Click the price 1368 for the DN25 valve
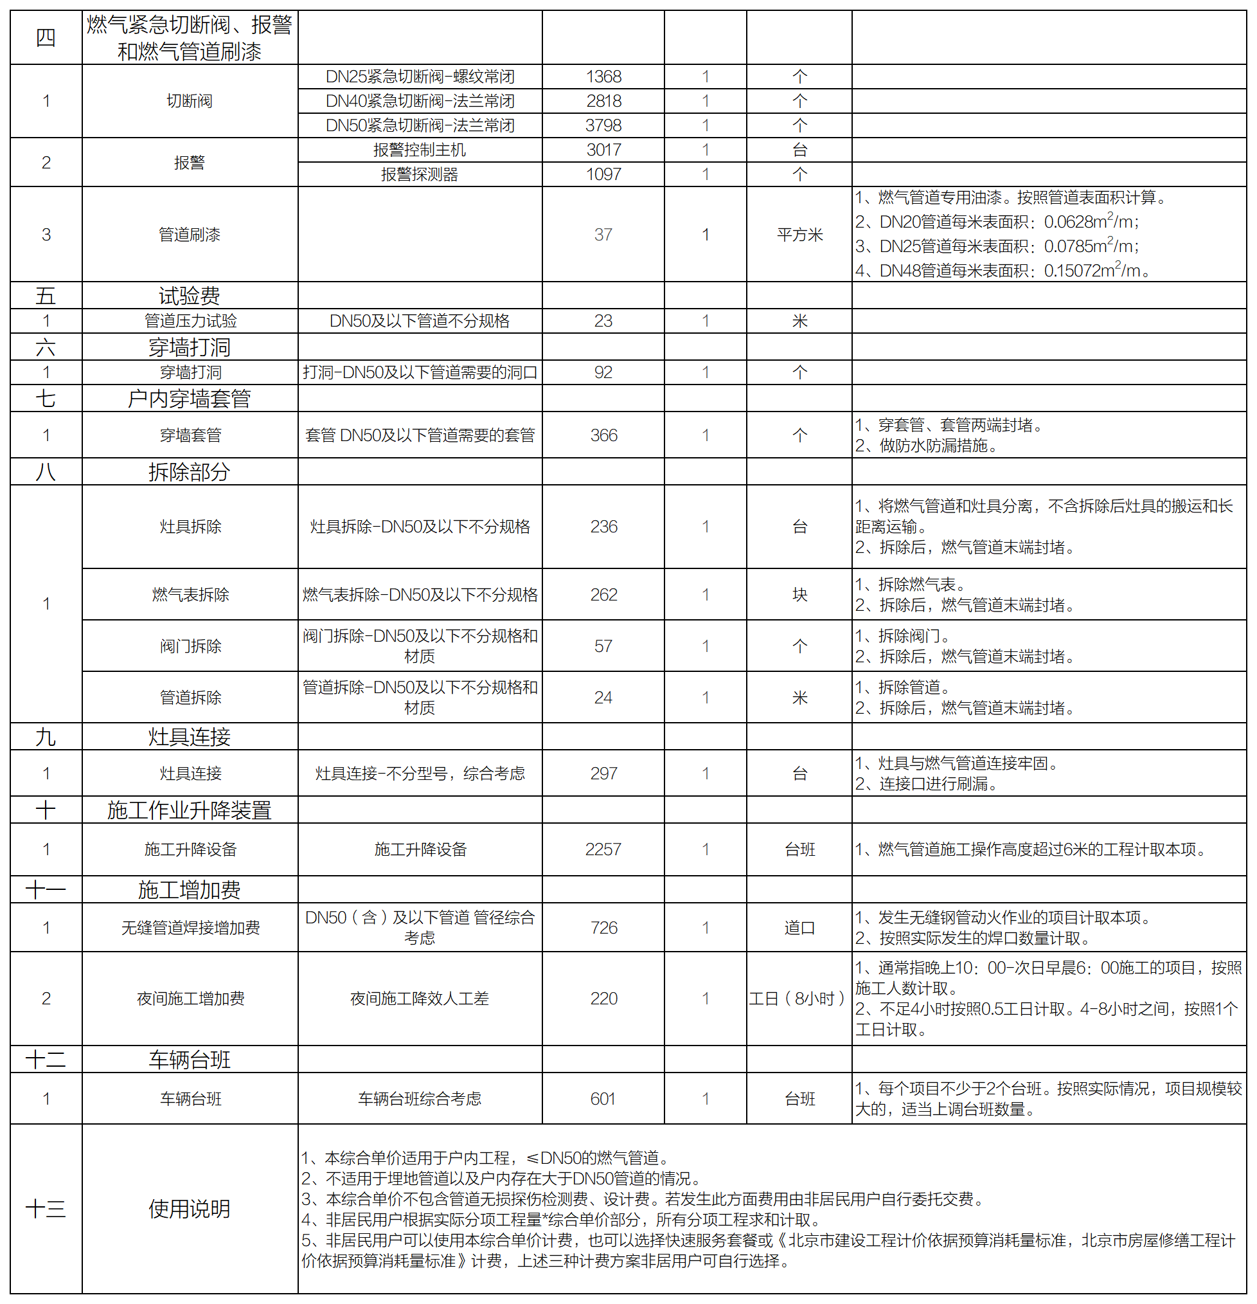coord(603,77)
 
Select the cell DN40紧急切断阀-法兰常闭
coord(420,101)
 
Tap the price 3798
coord(603,125)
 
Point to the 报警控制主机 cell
coord(420,150)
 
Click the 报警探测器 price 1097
coord(603,174)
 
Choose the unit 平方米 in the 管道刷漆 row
coord(799,235)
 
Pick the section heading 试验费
coord(190,295)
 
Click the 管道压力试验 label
coord(190,321)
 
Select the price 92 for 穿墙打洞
coord(603,372)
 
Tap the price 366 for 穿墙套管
coord(603,435)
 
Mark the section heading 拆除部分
coord(190,472)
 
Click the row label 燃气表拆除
coord(190,594)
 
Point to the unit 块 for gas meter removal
coord(799,594)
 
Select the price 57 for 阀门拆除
coord(603,646)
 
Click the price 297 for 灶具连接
coord(603,773)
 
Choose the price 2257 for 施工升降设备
coord(603,849)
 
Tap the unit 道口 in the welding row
coord(799,927)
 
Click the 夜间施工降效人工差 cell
coord(420,998)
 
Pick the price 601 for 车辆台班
coord(603,1098)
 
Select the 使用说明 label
coord(190,1208)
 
